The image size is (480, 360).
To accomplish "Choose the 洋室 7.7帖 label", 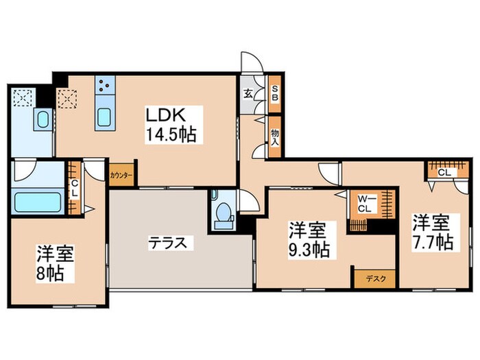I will [431, 232].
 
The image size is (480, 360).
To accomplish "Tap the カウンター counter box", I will [121, 175].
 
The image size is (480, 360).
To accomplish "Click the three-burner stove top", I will [106, 85].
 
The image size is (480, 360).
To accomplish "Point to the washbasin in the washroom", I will [42, 121].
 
